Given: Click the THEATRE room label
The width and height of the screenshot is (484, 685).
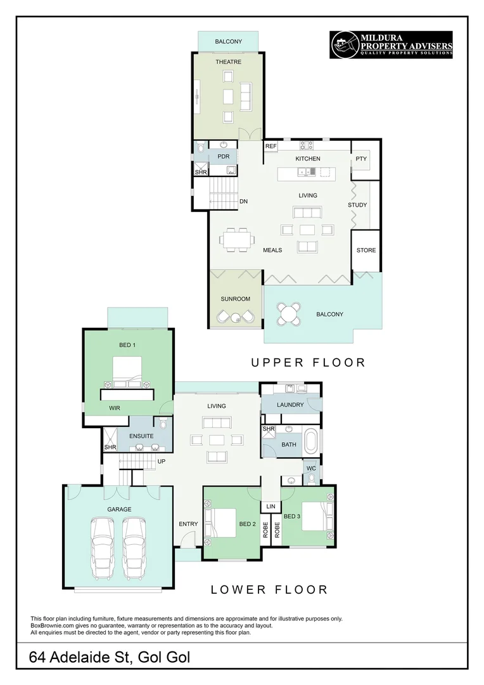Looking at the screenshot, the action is pyautogui.click(x=228, y=62).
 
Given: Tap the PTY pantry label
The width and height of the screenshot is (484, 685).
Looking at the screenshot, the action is pyautogui.click(x=361, y=159).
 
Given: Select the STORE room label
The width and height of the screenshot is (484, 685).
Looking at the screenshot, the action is pyautogui.click(x=366, y=251).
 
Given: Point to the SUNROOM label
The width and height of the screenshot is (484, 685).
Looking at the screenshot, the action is pyautogui.click(x=235, y=299).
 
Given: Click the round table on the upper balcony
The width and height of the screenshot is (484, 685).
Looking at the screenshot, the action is pyautogui.click(x=288, y=313).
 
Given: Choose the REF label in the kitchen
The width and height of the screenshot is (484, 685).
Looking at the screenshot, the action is pyautogui.click(x=271, y=147).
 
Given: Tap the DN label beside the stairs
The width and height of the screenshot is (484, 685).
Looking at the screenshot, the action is pyautogui.click(x=243, y=202).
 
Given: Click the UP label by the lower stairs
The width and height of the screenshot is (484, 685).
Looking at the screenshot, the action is pyautogui.click(x=161, y=461).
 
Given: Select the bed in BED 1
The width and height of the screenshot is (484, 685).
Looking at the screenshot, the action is pyautogui.click(x=127, y=372).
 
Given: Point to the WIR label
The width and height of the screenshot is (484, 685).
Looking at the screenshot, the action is pyautogui.click(x=114, y=408).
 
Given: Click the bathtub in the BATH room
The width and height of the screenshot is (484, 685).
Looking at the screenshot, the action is pyautogui.click(x=312, y=441).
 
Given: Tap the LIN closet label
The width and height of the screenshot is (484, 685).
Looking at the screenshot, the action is pyautogui.click(x=271, y=506).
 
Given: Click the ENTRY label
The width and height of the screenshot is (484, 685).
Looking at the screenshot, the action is pyautogui.click(x=188, y=524).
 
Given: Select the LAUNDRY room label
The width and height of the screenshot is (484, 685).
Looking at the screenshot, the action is pyautogui.click(x=290, y=405).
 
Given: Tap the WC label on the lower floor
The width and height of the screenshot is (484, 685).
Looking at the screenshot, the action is pyautogui.click(x=311, y=468).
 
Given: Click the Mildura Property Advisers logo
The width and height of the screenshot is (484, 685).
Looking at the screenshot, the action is pyautogui.click(x=391, y=44).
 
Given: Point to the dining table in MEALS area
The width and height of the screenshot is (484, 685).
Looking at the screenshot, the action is pyautogui.click(x=236, y=240).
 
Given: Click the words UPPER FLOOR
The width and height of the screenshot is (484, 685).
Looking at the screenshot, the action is pyautogui.click(x=308, y=363).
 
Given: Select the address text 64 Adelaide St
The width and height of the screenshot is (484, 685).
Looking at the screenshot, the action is pyautogui.click(x=80, y=657).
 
